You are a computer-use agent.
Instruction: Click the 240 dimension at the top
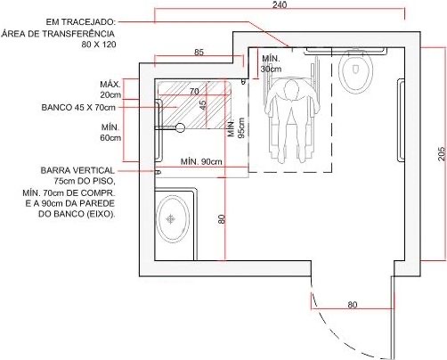click(280, 5)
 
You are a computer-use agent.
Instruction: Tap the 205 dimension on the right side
click(442, 153)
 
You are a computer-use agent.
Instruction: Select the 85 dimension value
click(199, 53)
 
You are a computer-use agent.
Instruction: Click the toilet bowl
click(355, 70)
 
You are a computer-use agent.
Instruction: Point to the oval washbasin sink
click(173, 219)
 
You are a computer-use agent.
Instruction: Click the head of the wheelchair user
click(291, 89)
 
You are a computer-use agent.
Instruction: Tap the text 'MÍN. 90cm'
click(201, 161)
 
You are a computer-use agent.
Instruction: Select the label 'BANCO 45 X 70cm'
click(78, 107)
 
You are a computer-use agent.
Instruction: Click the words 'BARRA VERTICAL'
click(77, 170)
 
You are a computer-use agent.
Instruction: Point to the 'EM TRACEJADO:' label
click(80, 22)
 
